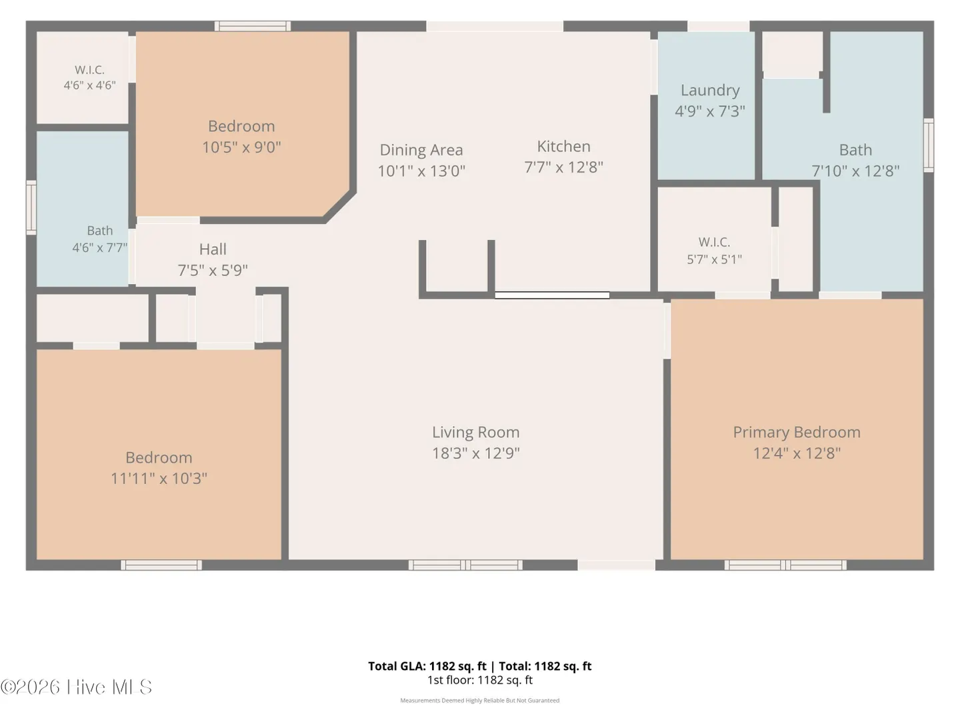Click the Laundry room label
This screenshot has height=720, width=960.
710,91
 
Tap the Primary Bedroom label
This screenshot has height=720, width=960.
797,433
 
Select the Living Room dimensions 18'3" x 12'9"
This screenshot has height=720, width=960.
476,453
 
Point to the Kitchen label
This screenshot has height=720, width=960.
563,147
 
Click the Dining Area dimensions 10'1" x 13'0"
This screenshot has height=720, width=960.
421,171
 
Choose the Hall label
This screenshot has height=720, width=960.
213,249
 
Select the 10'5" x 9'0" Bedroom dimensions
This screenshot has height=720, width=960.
241,147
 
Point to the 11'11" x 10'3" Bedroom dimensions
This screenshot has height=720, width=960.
159,479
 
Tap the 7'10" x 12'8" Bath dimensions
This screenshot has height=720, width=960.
855,171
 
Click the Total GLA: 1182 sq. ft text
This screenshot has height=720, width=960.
427,666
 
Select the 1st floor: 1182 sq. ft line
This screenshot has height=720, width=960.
480,680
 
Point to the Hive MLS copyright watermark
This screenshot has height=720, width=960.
76,687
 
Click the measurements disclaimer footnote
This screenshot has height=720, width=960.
480,700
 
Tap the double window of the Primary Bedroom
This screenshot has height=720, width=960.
785,565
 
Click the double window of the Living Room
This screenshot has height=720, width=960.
465,565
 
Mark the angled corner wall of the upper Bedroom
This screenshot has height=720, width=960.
340,206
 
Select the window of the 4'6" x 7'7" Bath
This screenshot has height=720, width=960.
31,207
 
